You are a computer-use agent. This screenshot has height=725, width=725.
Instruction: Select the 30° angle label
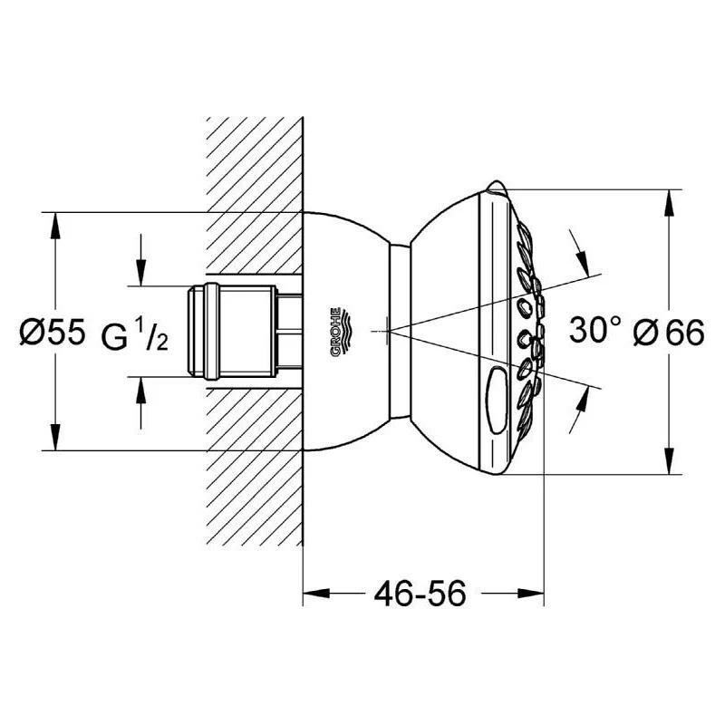[x=595, y=333]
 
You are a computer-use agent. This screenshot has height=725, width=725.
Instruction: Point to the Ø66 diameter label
[x=669, y=333]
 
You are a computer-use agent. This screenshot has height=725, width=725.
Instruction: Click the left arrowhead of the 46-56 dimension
[x=314, y=594]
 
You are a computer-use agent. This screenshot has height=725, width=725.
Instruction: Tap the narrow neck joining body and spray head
[x=398, y=332]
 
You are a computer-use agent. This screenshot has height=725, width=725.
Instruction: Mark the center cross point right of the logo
[x=387, y=332]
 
